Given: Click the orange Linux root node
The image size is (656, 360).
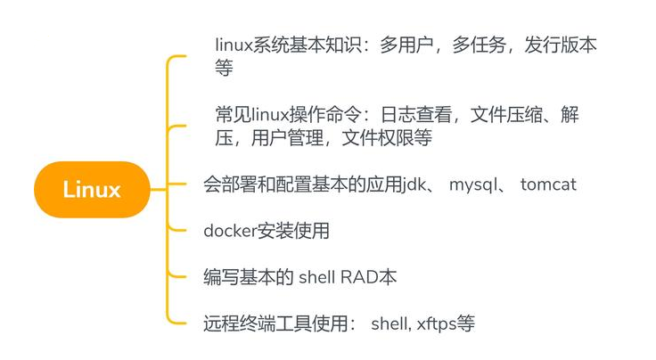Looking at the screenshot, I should point(92,189).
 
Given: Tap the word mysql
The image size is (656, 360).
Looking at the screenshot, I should point(478,185).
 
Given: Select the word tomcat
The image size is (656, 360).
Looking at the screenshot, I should point(548,185).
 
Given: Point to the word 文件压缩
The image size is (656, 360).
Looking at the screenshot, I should point(504,115).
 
